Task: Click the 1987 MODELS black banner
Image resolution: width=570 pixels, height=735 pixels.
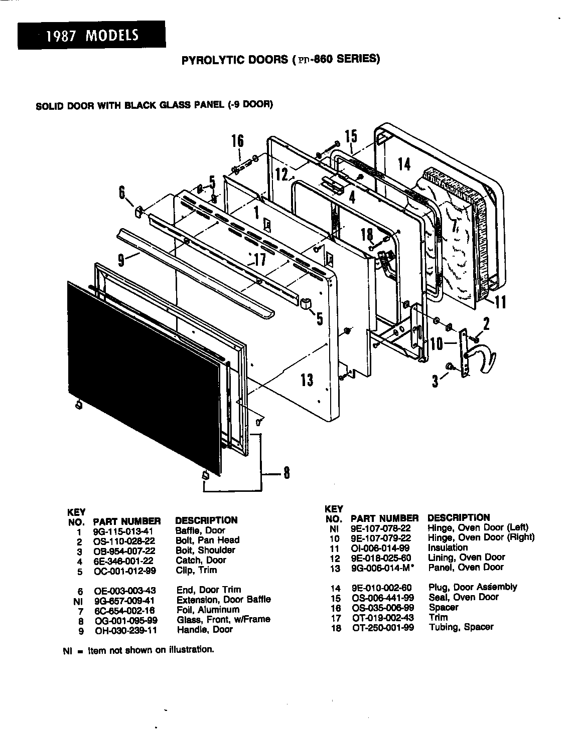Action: (x=91, y=36)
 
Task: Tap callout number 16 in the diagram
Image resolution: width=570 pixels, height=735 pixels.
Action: (x=237, y=142)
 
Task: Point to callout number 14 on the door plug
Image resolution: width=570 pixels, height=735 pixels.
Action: (x=404, y=164)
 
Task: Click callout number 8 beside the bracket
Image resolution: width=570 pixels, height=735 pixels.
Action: (x=286, y=473)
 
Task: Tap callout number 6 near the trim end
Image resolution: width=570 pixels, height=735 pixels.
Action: (x=122, y=192)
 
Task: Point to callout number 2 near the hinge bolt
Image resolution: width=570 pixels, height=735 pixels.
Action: (x=485, y=325)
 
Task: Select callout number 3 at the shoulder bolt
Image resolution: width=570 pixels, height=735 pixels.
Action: (x=436, y=381)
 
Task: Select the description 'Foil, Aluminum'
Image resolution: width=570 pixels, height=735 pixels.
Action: (x=208, y=610)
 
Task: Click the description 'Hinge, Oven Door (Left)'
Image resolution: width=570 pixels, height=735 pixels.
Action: (x=477, y=527)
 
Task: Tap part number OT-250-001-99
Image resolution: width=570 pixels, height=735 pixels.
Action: (x=382, y=627)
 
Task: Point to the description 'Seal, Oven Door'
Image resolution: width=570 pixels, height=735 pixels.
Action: (x=463, y=597)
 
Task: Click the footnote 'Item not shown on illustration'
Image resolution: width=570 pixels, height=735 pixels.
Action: (x=151, y=650)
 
